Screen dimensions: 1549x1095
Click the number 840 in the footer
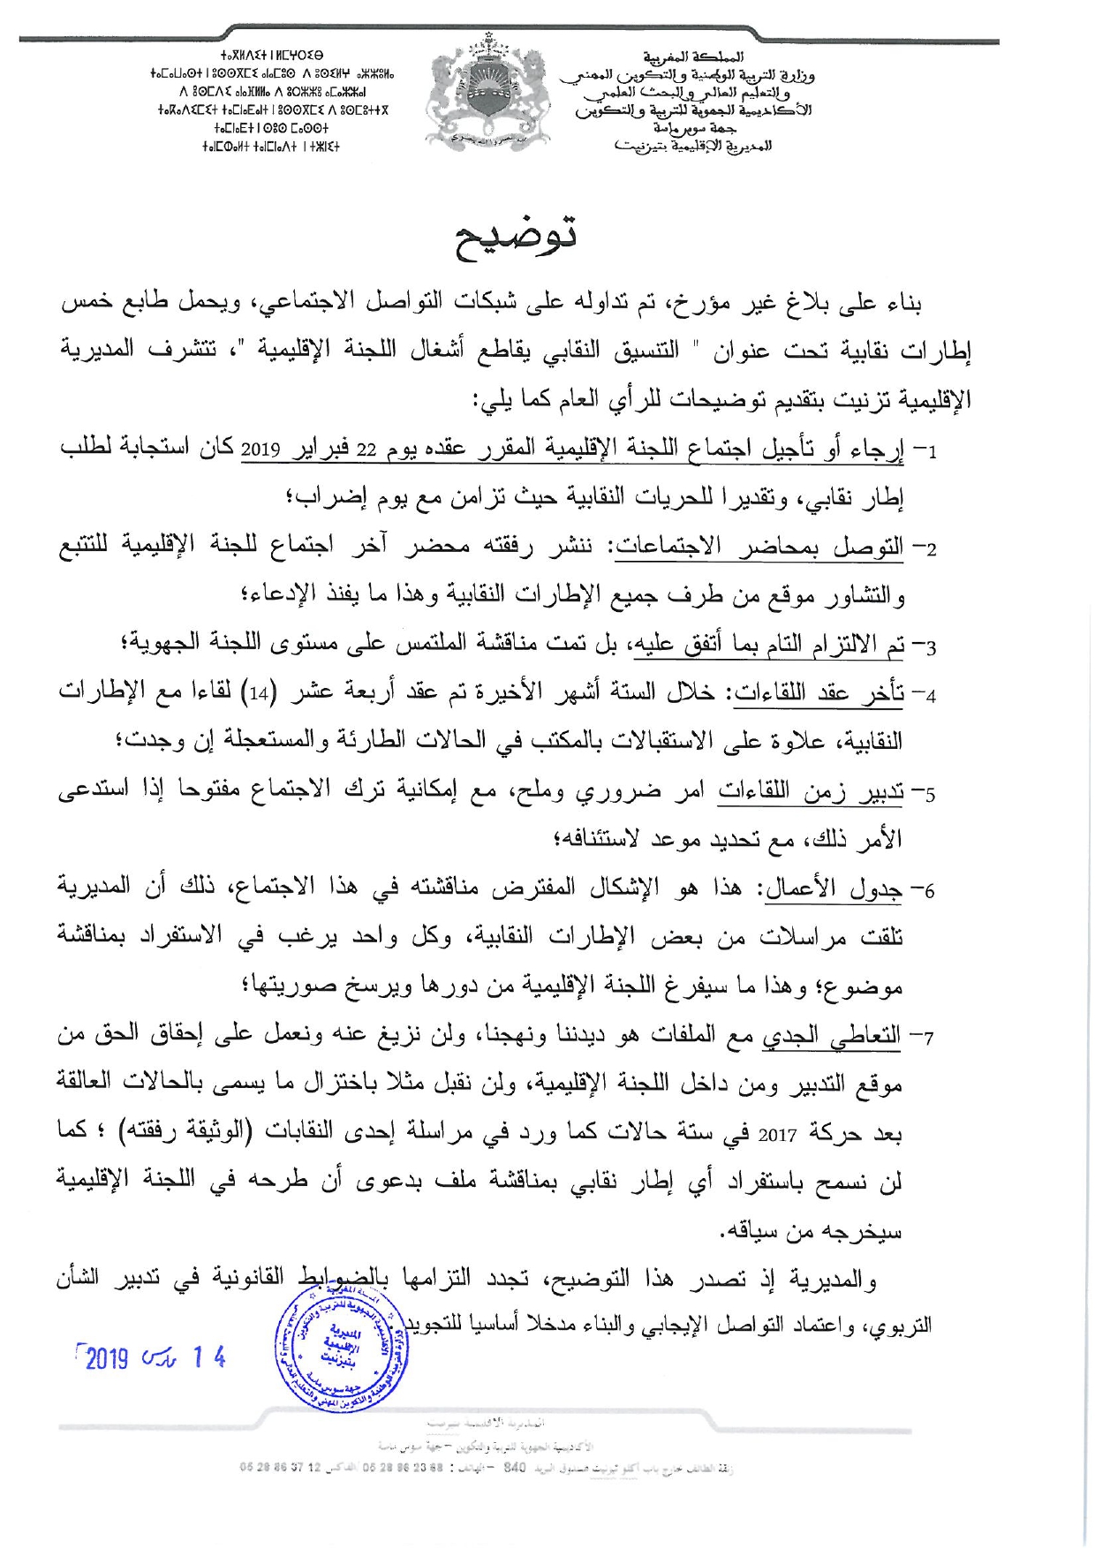point(515,1469)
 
